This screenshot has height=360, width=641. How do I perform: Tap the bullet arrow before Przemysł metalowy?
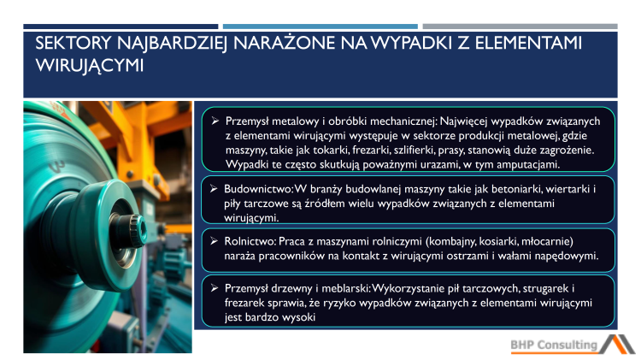point(216,121)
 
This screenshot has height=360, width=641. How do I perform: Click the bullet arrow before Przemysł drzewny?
point(216,289)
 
